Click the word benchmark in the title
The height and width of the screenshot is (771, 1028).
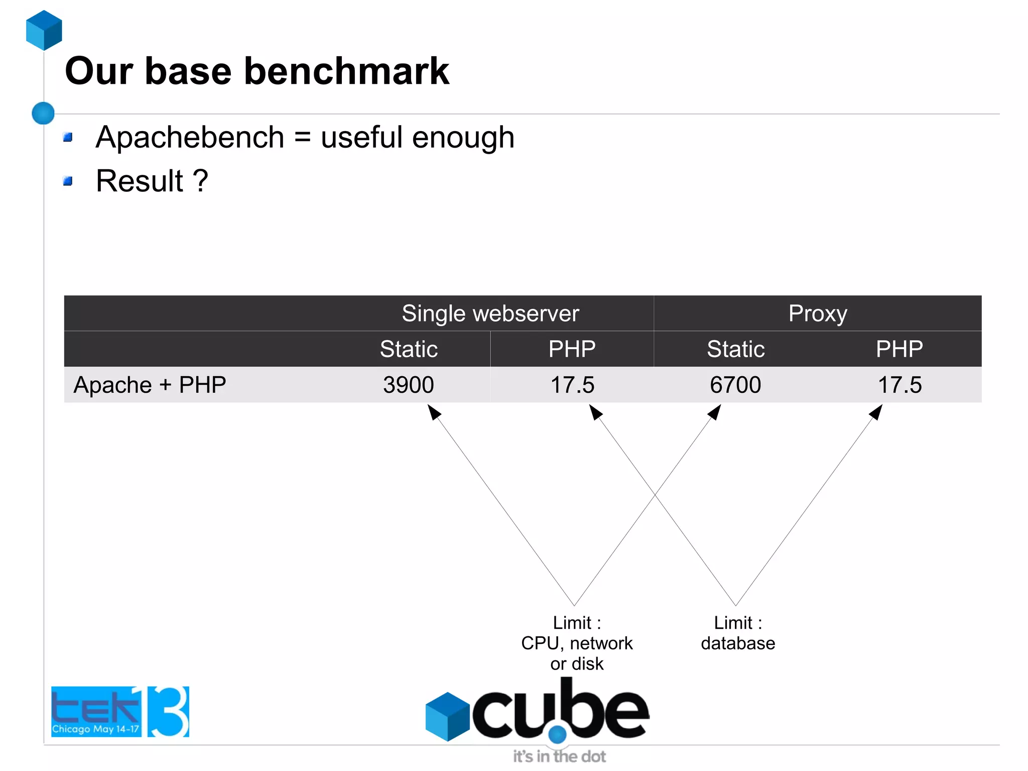pos(346,71)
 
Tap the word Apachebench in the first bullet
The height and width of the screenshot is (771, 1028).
pos(190,137)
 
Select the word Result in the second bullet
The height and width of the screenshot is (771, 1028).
pos(140,181)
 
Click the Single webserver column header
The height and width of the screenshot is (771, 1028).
pos(490,313)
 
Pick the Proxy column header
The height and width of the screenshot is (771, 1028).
pos(817,313)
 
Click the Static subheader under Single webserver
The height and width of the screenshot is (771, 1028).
pos(409,349)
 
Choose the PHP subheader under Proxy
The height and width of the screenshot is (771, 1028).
pos(899,349)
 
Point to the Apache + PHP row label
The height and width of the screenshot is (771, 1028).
pos(150,385)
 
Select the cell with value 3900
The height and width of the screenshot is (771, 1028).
pos(409,385)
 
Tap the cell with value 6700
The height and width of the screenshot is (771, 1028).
pos(735,385)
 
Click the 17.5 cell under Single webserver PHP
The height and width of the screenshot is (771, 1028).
pos(572,385)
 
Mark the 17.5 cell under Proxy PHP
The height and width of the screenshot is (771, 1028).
pos(899,385)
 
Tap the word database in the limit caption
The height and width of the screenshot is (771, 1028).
pos(738,643)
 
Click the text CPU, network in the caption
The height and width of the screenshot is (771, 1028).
pos(577,643)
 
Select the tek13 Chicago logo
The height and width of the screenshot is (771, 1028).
pos(120,712)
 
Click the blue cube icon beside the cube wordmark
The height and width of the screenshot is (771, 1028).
pos(447,716)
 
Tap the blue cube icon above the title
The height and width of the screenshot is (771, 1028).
pos(44,30)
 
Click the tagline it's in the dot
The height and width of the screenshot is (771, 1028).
pos(559,756)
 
